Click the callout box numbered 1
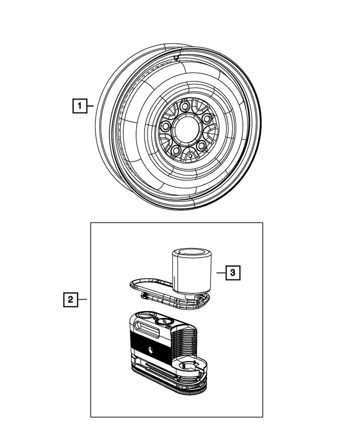[x=80, y=105]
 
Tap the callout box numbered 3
[x=233, y=273]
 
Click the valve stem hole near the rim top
[x=176, y=57]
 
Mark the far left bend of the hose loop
[x=131, y=283]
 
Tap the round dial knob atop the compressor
[x=163, y=321]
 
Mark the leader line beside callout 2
[x=82, y=299]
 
